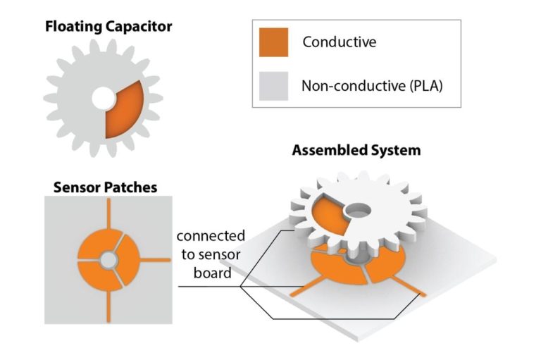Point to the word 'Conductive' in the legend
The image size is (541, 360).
click(x=340, y=42)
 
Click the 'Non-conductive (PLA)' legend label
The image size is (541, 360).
click(x=371, y=86)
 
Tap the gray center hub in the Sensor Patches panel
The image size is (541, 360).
click(x=108, y=261)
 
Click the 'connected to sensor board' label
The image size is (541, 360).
click(x=209, y=254)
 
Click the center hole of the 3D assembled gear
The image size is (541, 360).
click(x=359, y=209)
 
